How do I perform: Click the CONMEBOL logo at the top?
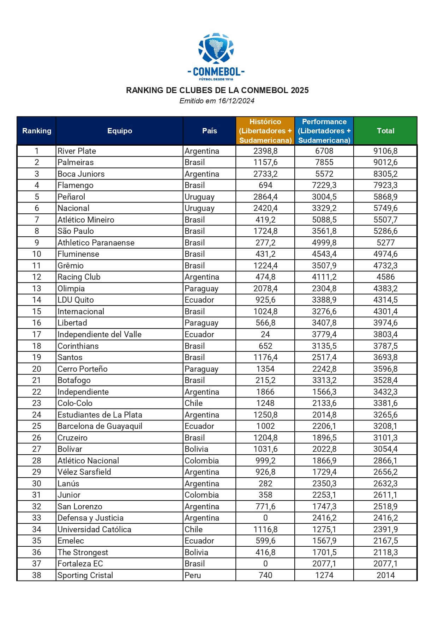click(x=216, y=56)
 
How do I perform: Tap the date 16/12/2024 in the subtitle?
click(x=236, y=101)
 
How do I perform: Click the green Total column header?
click(x=385, y=131)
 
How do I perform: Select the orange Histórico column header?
click(x=265, y=131)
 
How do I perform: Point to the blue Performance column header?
click(x=324, y=131)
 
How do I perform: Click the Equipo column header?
click(x=120, y=131)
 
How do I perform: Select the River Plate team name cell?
click(x=77, y=151)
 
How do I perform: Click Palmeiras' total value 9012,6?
click(x=385, y=162)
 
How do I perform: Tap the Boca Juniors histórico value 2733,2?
click(x=265, y=174)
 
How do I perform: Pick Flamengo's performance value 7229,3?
click(x=324, y=185)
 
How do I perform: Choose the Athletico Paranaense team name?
click(x=96, y=243)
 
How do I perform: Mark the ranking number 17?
click(x=37, y=334)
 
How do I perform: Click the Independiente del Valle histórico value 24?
click(x=265, y=334)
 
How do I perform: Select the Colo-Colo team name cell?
click(x=75, y=403)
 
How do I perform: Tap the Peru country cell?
click(x=193, y=575)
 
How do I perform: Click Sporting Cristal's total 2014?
click(x=385, y=575)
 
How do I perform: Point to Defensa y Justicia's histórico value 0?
click(x=265, y=518)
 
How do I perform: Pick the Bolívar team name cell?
click(x=70, y=449)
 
